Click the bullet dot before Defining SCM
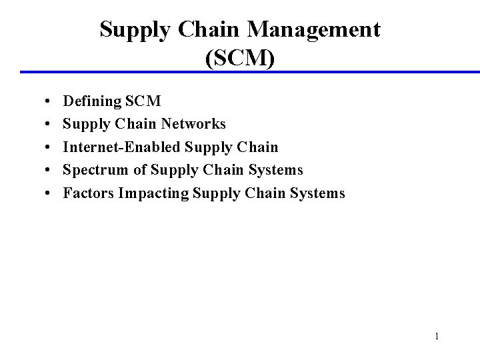coord(51,102)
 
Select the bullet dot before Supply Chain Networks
coord(51,125)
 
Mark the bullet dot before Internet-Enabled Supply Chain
coord(51,147)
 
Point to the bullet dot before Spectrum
coord(51,171)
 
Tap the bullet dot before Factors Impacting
coord(51,194)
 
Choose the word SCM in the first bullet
coord(143,101)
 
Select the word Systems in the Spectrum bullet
coord(276,170)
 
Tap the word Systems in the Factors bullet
coord(318,193)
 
